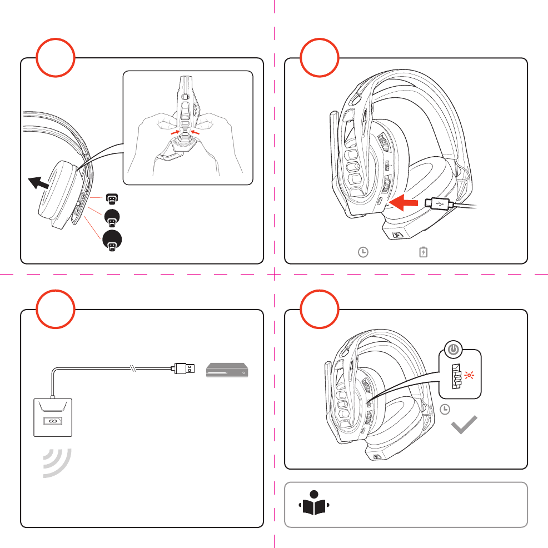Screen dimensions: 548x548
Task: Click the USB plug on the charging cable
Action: click(x=437, y=205)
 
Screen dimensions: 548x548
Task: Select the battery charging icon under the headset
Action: click(x=424, y=252)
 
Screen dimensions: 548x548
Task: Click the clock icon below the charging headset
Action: click(x=362, y=252)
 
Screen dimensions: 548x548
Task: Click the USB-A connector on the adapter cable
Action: click(x=185, y=367)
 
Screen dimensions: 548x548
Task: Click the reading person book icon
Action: click(x=314, y=503)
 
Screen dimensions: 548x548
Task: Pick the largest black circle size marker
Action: click(x=112, y=245)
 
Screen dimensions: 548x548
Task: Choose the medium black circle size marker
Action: click(x=112, y=221)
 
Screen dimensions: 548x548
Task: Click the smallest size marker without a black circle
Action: click(x=112, y=199)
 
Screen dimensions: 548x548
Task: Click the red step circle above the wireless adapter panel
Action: click(x=55, y=309)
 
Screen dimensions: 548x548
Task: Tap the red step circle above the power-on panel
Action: click(x=319, y=309)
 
